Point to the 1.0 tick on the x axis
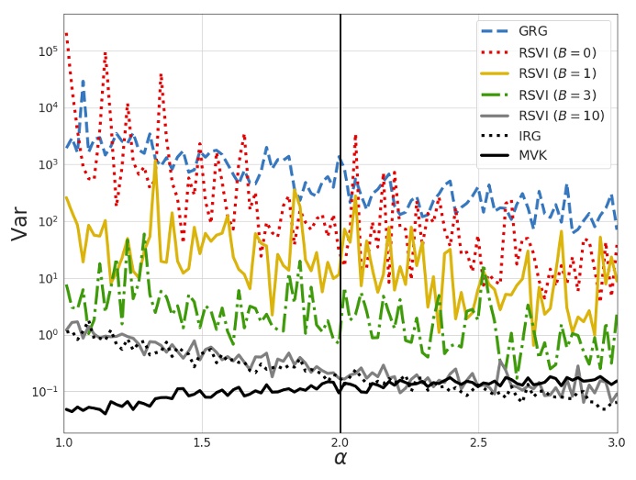tap(64, 442)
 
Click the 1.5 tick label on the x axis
tap(202, 442)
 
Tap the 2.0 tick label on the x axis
tap(340, 442)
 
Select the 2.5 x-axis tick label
tap(478, 442)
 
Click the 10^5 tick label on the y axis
tap(48, 51)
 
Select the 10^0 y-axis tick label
tap(48, 335)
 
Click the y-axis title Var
tap(19, 223)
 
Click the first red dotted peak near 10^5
tap(66, 34)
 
